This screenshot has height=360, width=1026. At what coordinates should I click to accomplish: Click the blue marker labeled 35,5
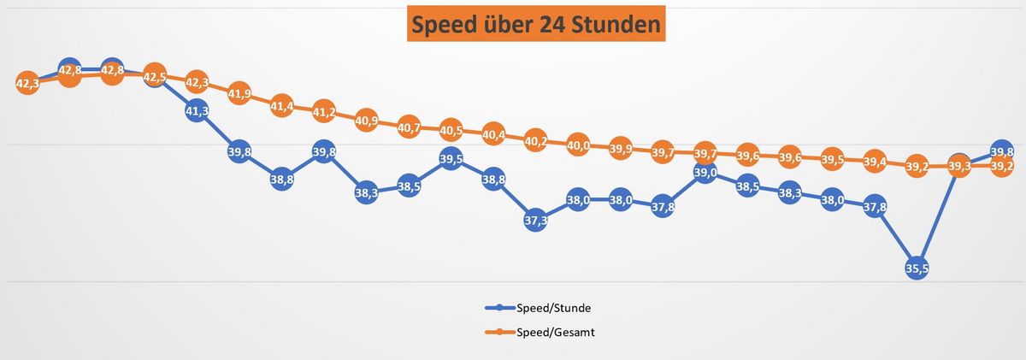point(917,268)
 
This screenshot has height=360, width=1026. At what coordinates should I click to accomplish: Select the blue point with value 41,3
point(197,110)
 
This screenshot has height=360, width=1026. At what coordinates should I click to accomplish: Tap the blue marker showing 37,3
point(535,220)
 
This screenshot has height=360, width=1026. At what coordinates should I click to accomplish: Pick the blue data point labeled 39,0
point(705,173)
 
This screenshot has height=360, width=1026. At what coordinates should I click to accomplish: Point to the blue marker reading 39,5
point(451,159)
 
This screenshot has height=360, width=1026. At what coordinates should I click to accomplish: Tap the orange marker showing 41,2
point(324,112)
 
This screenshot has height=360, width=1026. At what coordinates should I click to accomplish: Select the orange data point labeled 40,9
point(366,121)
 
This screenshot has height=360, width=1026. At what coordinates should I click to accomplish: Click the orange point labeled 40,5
point(451,131)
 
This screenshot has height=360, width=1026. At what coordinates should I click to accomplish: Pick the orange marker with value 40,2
point(535,140)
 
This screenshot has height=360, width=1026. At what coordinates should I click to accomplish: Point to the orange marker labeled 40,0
point(578,145)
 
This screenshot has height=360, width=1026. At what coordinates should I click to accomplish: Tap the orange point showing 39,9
point(621,148)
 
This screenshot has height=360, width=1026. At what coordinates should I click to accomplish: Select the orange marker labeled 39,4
point(874,161)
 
